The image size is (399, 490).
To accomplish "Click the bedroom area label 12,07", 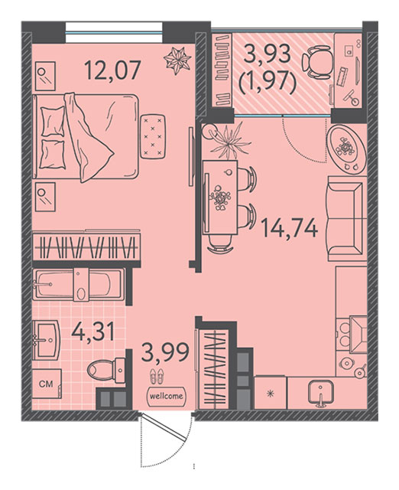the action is pyautogui.click(x=112, y=70).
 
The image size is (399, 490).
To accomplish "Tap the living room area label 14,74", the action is pyautogui.click(x=290, y=228).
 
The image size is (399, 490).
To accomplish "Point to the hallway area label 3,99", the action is pyautogui.click(x=165, y=351).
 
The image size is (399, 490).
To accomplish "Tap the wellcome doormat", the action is pyautogui.click(x=167, y=396).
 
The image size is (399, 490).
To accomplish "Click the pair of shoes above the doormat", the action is pyautogui.click(x=156, y=376).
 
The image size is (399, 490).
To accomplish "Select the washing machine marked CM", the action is pyautogui.click(x=47, y=384).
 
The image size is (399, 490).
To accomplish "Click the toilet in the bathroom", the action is pyautogui.click(x=106, y=370).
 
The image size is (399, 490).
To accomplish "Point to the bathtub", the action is pyautogui.click(x=79, y=284).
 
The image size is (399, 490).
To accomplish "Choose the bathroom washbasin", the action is pyautogui.click(x=46, y=339).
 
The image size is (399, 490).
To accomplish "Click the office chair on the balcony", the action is pyautogui.click(x=316, y=61).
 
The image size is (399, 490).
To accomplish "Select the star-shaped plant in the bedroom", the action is pyautogui.click(x=177, y=60).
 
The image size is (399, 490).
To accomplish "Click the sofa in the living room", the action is pyautogui.click(x=346, y=218).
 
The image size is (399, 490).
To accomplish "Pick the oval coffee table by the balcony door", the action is pyautogui.click(x=346, y=149).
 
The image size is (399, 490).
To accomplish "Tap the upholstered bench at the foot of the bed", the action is pyautogui.click(x=153, y=136).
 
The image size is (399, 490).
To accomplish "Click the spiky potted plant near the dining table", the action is pyautogui.click(x=230, y=140).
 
